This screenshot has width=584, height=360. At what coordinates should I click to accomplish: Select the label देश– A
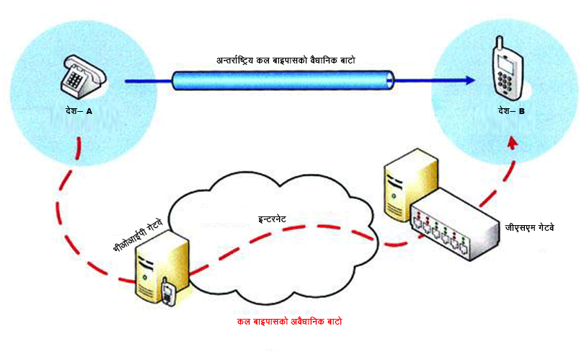click(x=78, y=112)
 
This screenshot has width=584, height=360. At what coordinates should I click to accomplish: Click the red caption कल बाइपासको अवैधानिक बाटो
click(x=289, y=321)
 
